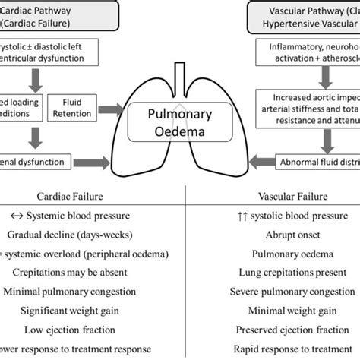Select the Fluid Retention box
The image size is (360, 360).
point(69,107)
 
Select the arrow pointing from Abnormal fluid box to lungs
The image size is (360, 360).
point(260,160)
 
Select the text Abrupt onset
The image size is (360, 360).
point(270,235)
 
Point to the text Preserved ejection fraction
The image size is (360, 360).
point(270,330)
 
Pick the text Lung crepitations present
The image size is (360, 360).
point(270,273)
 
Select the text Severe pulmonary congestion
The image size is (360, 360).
point(270,292)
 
